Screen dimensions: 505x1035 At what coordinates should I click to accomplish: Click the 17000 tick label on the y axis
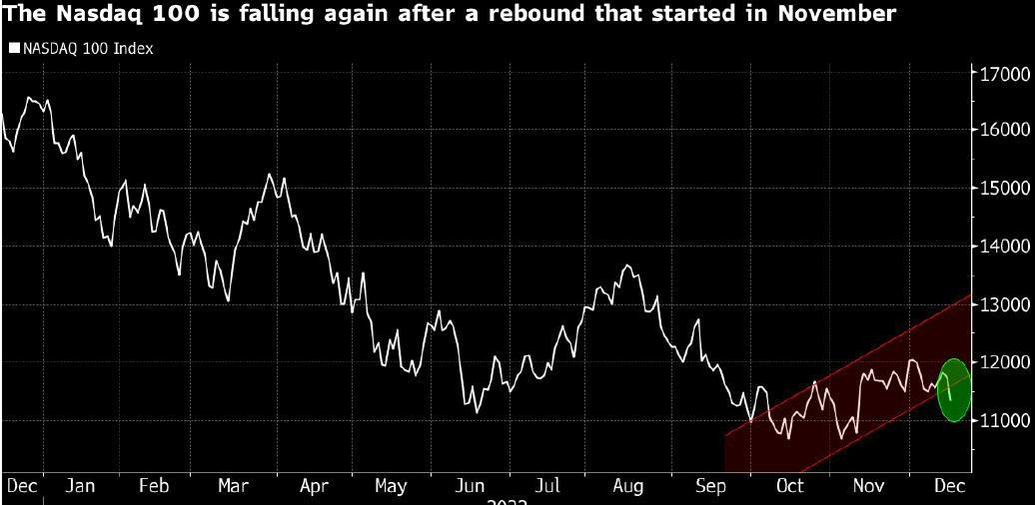[x=1002, y=74]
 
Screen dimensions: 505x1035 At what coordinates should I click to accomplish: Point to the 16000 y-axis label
[x=1002, y=131]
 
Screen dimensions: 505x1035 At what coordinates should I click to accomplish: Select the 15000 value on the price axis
[x=1002, y=189]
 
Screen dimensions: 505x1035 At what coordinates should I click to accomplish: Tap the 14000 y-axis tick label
[x=1002, y=247]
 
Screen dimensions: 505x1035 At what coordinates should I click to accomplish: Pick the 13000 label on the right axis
[x=1002, y=304]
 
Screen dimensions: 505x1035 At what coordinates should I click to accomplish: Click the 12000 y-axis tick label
[x=1002, y=362]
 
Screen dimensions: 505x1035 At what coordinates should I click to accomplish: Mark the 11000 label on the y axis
[x=1002, y=420]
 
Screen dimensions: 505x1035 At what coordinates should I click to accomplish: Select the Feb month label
[x=155, y=486]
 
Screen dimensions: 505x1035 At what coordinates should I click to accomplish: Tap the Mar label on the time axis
[x=233, y=486]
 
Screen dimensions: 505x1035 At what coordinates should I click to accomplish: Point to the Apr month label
[x=314, y=486]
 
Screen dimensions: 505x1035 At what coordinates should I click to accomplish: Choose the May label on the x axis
[x=391, y=486]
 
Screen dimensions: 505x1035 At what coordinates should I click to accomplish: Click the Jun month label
[x=470, y=486]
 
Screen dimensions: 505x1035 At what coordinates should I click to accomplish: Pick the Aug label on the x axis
[x=627, y=486]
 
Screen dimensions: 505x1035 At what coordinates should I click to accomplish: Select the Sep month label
[x=708, y=486]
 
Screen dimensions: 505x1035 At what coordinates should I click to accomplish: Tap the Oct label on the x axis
[x=789, y=486]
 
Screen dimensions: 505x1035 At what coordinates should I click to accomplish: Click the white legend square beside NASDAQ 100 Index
[x=13, y=48]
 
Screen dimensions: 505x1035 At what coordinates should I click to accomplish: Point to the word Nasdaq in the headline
[x=87, y=14]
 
